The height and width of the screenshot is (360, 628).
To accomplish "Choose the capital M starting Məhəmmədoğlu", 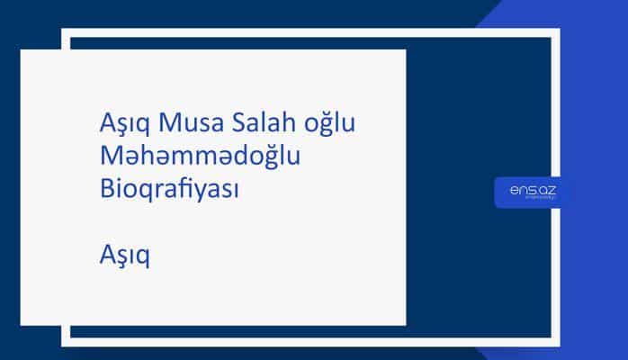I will pos(110,157).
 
